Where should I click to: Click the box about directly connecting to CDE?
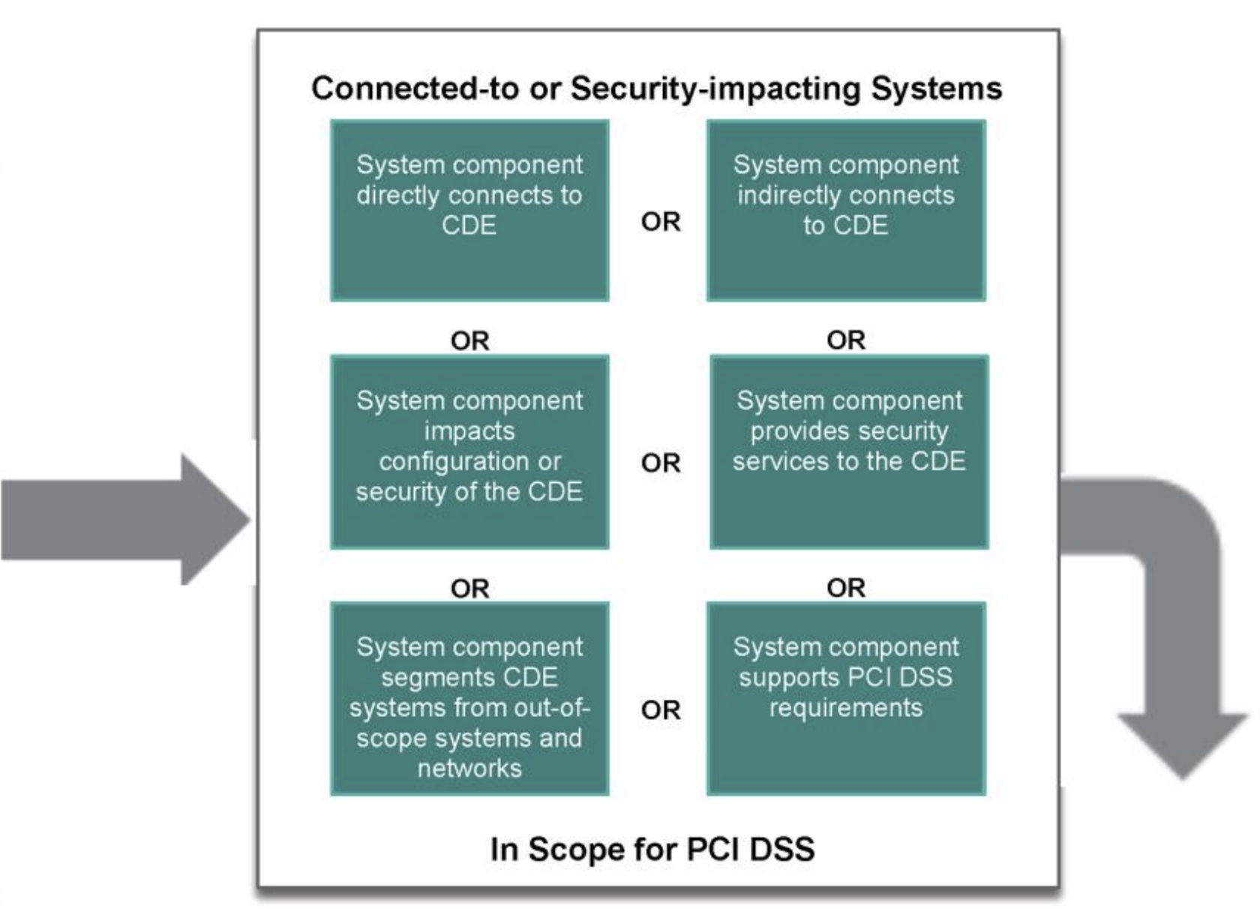[469, 211]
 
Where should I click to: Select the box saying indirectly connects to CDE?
[846, 211]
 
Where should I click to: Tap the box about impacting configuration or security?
[469, 451]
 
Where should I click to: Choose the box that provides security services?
[849, 451]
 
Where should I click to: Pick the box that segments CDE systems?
[469, 698]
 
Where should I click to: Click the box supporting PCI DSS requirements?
[846, 698]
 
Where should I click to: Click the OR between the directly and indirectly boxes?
[661, 222]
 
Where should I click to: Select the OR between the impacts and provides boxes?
[661, 463]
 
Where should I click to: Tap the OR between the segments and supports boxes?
[661, 710]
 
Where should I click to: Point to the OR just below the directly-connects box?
[469, 341]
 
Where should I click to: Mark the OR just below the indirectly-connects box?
[846, 340]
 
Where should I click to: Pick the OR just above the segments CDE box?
[469, 589]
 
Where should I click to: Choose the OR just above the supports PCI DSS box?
[846, 588]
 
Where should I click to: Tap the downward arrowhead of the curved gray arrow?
[1183, 742]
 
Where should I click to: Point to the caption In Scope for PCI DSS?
[652, 850]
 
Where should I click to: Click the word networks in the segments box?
[469, 769]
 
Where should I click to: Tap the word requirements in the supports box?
[846, 708]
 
